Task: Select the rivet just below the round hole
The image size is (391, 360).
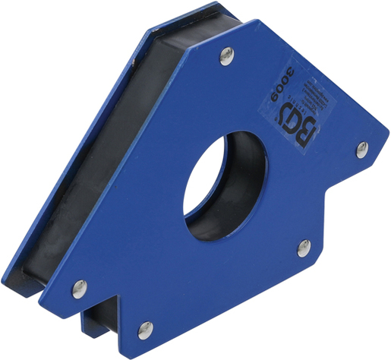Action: (303, 247)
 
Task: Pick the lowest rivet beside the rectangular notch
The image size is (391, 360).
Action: (145, 330)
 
